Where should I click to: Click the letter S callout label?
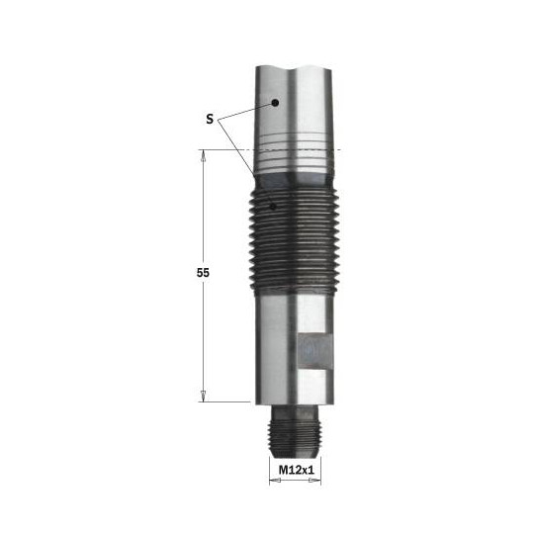click(209, 119)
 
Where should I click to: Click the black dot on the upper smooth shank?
click(278, 101)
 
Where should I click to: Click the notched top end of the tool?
click(294, 71)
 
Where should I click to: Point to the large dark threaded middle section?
click(294, 237)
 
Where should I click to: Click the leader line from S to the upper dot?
click(247, 110)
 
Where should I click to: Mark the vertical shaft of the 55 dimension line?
click(205, 326)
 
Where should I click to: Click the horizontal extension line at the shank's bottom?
click(232, 401)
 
